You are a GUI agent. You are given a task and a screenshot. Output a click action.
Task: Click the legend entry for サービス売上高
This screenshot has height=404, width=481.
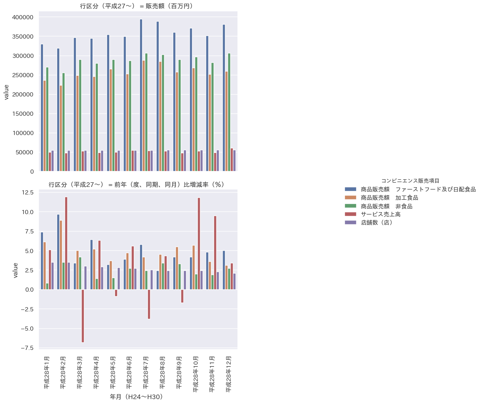point(380,214)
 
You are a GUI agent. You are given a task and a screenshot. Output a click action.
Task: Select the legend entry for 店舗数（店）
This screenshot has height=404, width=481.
point(377,222)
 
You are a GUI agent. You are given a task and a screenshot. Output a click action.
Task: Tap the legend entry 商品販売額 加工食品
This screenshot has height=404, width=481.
point(389,198)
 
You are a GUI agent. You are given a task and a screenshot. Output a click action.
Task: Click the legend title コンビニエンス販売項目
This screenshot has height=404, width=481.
point(410,181)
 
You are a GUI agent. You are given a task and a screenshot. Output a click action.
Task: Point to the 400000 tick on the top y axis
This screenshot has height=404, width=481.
point(23,17)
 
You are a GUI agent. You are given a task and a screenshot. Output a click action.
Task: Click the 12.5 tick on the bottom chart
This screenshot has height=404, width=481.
point(28,193)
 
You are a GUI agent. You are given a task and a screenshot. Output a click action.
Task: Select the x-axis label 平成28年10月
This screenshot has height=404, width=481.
point(196,374)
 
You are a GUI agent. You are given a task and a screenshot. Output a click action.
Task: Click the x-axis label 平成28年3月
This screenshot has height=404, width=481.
point(80,372)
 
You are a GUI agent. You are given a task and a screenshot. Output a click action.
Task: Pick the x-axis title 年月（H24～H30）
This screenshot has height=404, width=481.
point(137,397)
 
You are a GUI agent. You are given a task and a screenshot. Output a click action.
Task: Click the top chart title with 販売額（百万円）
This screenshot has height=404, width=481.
point(137,6)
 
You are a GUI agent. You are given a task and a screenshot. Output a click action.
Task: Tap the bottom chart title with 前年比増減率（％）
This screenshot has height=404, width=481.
point(137,185)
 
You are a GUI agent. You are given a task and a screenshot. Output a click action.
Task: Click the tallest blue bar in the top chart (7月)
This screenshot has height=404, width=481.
point(141,95)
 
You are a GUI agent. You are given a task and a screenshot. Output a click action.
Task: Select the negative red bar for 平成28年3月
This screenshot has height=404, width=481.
point(83,316)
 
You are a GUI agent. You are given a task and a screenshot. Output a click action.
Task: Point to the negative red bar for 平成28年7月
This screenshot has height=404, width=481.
point(149,304)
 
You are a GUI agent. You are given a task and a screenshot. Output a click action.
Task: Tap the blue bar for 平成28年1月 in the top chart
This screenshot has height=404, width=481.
point(42,108)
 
